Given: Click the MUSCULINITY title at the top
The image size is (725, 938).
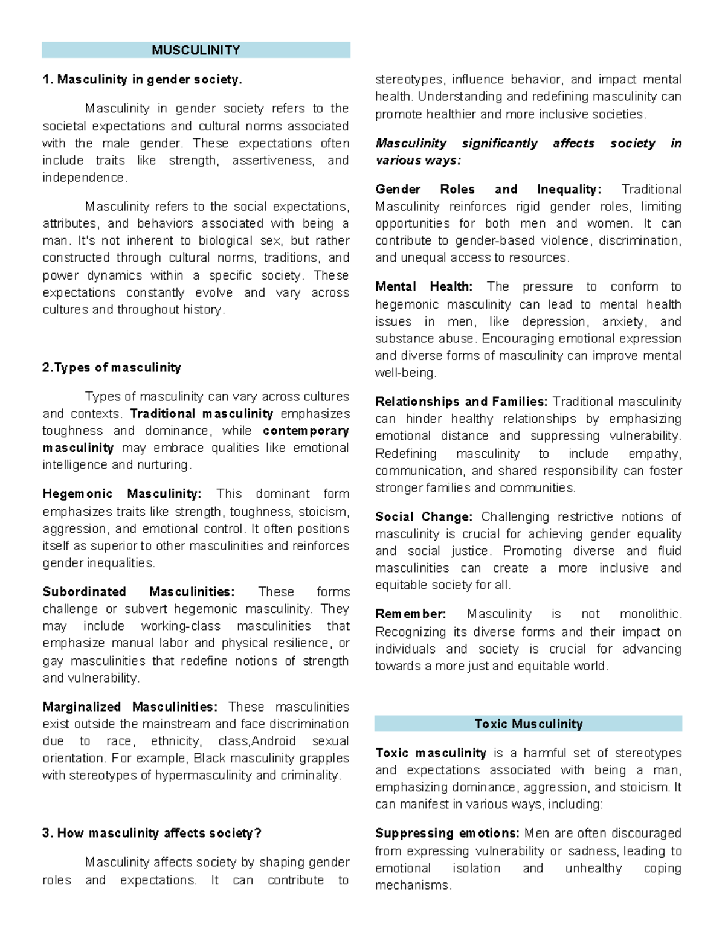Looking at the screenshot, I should point(196,50).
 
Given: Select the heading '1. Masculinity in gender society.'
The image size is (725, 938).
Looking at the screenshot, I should point(142,79).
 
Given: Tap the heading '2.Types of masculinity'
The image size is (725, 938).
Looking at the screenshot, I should point(112,367).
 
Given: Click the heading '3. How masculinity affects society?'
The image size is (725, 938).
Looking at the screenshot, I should point(152,833).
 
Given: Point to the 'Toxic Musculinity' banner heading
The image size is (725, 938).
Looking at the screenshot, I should point(528,724).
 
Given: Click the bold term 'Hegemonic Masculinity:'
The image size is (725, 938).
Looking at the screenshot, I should point(122,493).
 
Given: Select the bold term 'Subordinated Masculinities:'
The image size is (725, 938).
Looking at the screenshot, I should point(138,591).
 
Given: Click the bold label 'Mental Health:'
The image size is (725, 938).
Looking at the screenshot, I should point(424,286).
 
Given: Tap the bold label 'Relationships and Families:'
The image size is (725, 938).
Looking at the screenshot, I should point(461,402).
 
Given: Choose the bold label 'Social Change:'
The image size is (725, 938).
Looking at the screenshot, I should point(424,516).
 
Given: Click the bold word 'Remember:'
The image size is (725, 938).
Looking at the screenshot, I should point(410,614).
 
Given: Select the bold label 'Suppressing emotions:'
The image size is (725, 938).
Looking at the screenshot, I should point(447,833).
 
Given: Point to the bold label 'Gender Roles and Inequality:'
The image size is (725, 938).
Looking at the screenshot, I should point(488,189).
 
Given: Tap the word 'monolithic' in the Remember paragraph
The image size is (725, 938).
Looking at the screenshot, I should point(650,614).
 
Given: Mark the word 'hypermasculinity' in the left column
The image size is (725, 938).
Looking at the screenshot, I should point(204,775).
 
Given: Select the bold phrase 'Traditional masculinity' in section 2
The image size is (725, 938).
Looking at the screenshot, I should point(202,414).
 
